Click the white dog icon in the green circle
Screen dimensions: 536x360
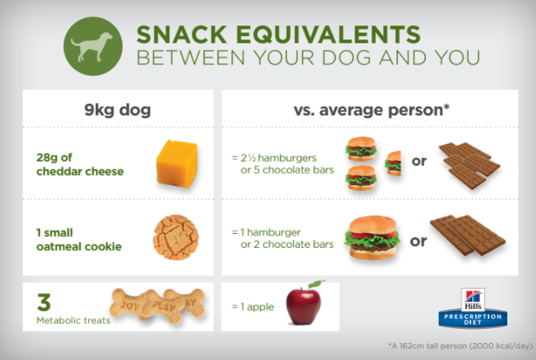pos(91,46)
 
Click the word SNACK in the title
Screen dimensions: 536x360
pos(182,34)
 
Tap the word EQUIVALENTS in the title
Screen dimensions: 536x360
pos(328,34)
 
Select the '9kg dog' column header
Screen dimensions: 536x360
pos(118,110)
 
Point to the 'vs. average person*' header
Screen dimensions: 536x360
pos(372,110)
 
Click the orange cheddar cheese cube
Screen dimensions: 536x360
pos(177,163)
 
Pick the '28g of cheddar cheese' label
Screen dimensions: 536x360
pos(80,164)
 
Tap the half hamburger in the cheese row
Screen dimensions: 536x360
pos(393,163)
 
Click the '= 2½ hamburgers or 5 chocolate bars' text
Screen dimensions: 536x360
pos(283,164)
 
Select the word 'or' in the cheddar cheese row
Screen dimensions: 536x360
pos(419,161)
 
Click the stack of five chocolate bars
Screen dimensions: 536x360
pos(469,166)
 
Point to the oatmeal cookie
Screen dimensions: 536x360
pos(176,237)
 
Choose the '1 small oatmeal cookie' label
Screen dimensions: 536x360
pos(79,239)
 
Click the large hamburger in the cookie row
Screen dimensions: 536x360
pos(372,237)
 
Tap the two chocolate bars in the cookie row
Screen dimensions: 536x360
pos(468,235)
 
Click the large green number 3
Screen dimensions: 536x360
pos(44,302)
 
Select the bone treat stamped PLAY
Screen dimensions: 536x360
pos(163,307)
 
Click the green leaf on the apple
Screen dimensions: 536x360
pos(316,284)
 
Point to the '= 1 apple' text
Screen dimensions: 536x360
pos(253,307)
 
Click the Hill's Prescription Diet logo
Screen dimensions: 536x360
pos(472,308)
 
